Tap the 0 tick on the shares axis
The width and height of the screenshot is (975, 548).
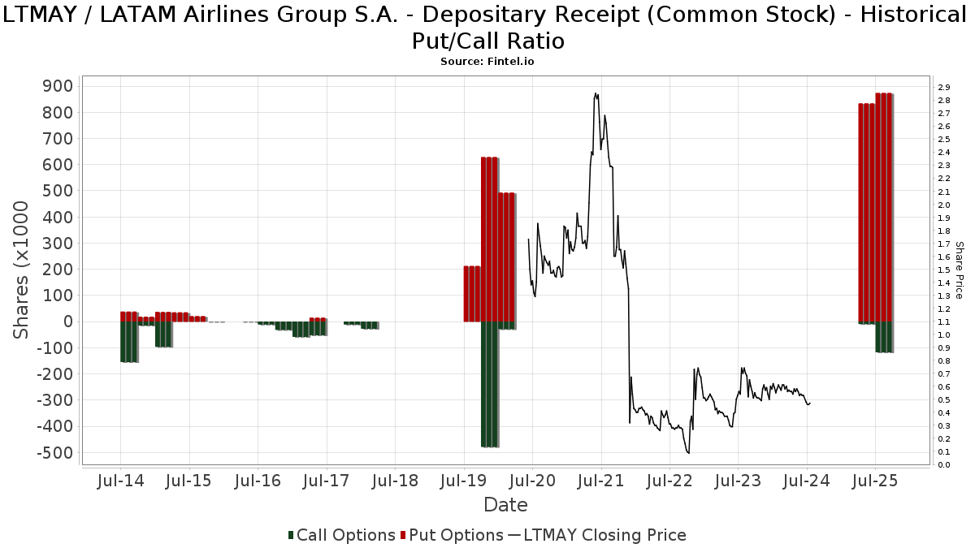(68, 321)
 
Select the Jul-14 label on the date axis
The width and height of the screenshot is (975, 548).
(120, 481)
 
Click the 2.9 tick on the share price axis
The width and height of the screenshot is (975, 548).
(943, 88)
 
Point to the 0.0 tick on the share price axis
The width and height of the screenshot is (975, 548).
(943, 465)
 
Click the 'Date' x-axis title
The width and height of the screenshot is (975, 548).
(505, 505)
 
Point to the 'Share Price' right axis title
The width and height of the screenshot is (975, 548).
(960, 270)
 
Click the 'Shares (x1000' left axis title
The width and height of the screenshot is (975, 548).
(23, 270)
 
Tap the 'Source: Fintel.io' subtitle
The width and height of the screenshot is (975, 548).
(487, 61)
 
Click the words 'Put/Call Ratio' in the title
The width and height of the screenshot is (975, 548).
(487, 41)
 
